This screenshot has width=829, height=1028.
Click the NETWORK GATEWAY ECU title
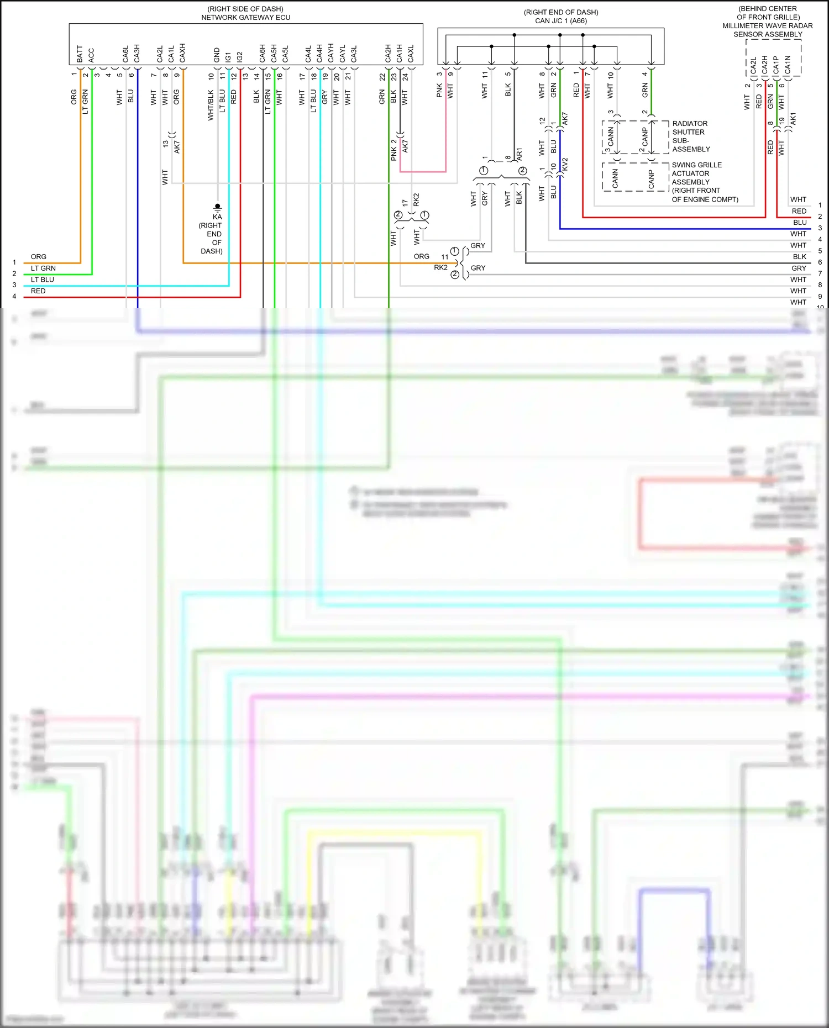[245, 18]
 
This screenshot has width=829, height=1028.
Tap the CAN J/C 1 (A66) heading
[560, 21]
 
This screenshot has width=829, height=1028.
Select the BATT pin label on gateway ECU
[80, 54]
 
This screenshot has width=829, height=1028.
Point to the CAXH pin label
[182, 53]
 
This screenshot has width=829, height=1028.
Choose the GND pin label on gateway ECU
[217, 55]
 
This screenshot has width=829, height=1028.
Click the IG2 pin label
[240, 56]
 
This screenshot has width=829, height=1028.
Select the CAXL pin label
[411, 54]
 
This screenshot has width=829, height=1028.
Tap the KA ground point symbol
[217, 208]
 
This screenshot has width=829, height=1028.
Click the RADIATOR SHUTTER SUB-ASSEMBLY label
[690, 136]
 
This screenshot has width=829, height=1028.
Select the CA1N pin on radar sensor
[788, 65]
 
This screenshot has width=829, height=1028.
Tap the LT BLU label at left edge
[43, 280]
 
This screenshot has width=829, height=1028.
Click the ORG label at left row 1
[39, 257]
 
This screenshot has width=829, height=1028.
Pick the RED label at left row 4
[38, 291]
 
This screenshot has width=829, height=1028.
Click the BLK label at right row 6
[799, 257]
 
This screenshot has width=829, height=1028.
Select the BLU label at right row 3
[799, 223]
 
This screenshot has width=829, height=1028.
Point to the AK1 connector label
[793, 119]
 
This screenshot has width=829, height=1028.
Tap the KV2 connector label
[565, 164]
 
